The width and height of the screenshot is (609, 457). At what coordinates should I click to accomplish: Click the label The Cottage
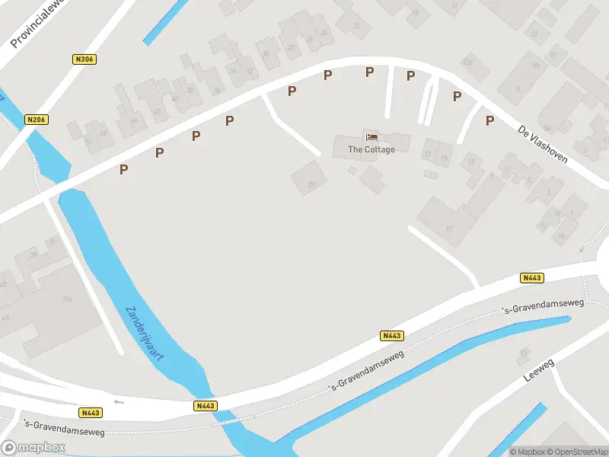click(x=371, y=149)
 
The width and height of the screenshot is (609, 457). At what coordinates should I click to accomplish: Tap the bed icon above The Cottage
click(x=371, y=137)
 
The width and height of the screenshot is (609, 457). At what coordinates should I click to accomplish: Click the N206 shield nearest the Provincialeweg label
click(x=84, y=59)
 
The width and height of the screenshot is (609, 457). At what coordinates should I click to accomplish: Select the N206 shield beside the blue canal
click(x=36, y=120)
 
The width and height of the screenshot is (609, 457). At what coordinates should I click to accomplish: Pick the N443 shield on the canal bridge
click(x=205, y=407)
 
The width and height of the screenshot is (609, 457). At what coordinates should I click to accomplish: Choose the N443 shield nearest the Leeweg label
click(x=531, y=278)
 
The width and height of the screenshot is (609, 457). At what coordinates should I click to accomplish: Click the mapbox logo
click(x=33, y=448)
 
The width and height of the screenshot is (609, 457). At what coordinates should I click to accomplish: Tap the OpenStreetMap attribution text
click(x=579, y=452)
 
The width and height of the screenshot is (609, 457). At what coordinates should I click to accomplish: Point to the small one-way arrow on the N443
click(x=117, y=401)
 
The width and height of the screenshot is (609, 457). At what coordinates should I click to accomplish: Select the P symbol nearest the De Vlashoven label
click(x=489, y=120)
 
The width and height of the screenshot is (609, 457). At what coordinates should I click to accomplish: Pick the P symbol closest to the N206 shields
click(x=123, y=169)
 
